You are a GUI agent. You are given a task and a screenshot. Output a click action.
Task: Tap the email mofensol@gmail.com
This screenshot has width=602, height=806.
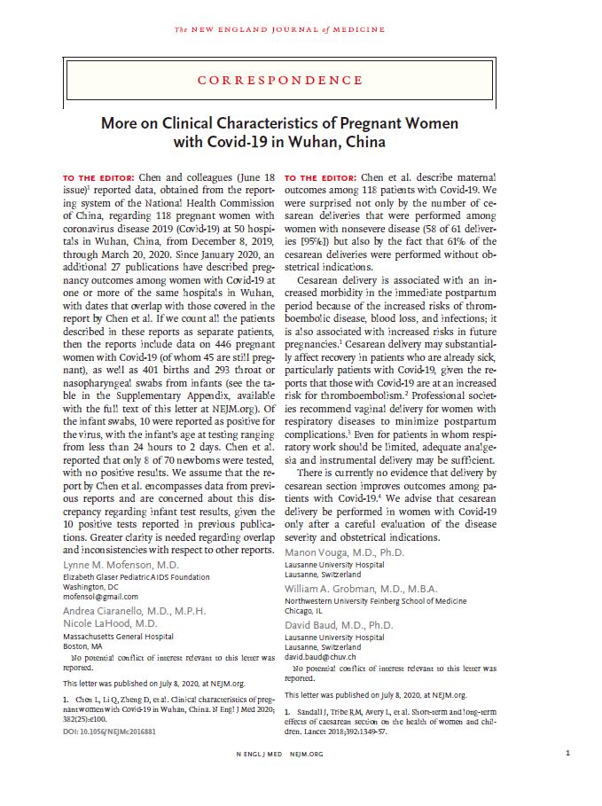tap(97, 596)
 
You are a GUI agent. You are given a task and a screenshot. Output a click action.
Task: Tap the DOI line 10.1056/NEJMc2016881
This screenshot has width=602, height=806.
tap(108, 732)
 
